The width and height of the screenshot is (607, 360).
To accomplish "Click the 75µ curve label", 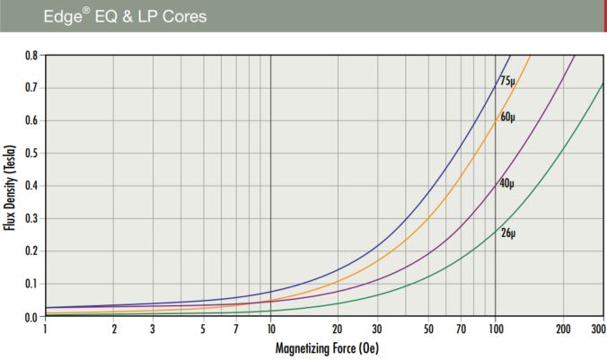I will point(508,80).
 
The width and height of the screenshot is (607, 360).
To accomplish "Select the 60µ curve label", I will point(508,117).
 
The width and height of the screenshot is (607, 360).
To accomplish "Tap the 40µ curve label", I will point(508,183).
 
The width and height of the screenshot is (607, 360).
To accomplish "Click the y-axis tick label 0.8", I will point(31,56).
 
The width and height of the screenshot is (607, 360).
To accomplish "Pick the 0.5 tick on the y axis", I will point(31,154).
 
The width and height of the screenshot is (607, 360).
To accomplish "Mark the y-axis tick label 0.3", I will point(31,219).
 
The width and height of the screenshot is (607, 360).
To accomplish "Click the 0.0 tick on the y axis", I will point(31,316).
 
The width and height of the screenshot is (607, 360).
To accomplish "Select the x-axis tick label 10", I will point(270,329).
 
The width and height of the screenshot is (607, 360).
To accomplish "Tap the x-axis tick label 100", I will point(496,329).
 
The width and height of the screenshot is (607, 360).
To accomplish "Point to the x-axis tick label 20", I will point(339,329).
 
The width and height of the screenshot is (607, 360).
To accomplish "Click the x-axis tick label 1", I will point(46,329).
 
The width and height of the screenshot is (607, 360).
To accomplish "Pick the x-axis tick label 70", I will point(461,329).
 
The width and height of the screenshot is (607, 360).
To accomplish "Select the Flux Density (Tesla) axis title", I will point(10,186).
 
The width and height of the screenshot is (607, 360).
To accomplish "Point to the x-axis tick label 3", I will point(154,329).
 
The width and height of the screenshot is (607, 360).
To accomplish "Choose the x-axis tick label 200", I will point(563,329).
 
